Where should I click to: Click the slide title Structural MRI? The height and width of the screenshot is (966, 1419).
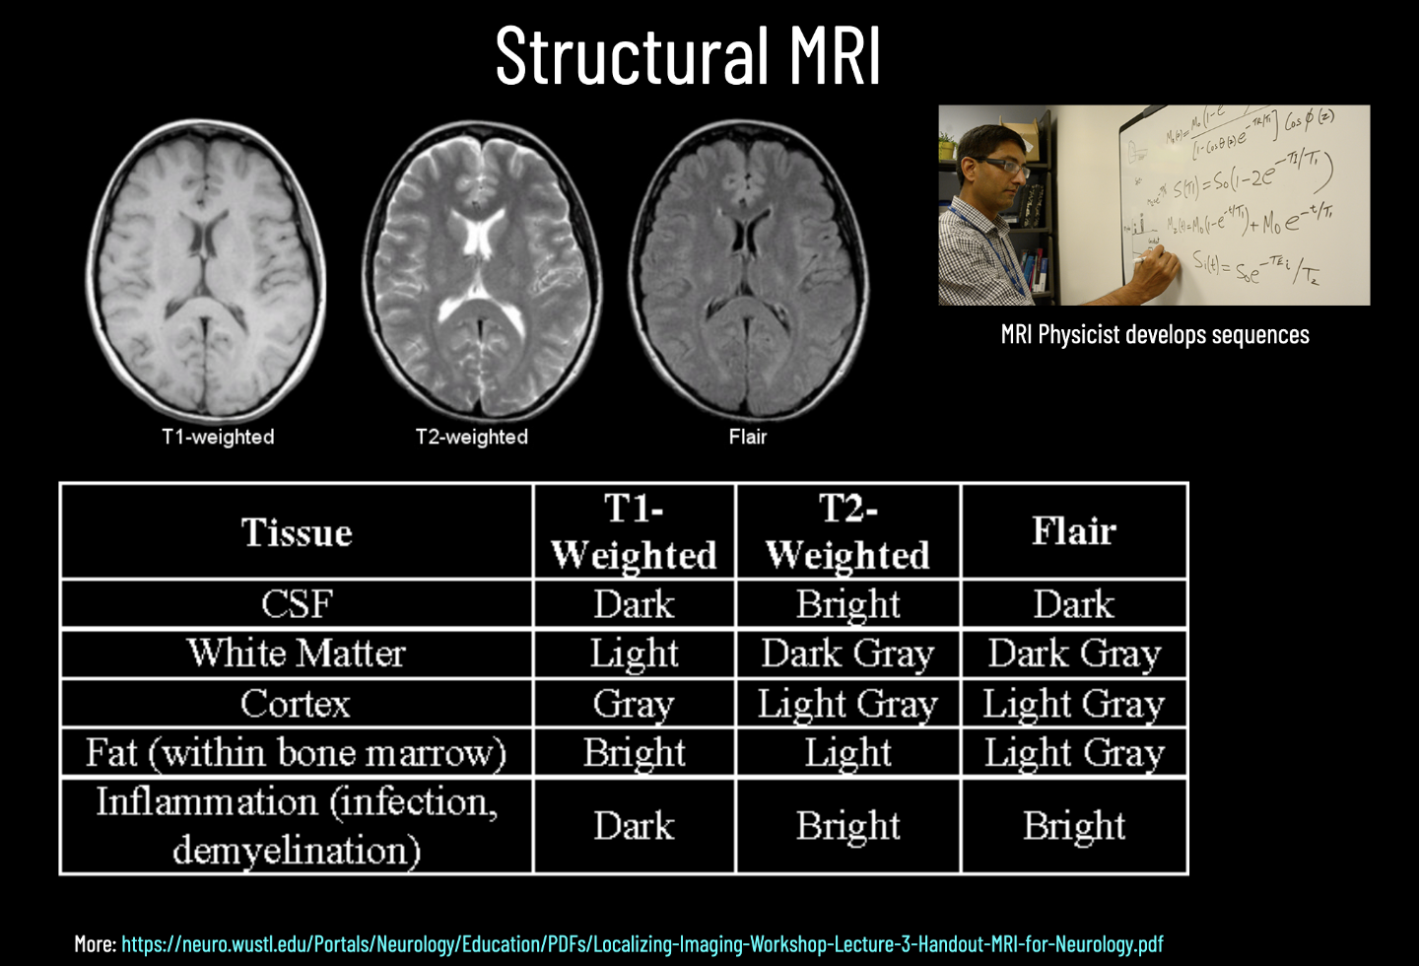tap(688, 56)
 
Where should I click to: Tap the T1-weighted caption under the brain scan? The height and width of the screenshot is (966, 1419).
tap(218, 437)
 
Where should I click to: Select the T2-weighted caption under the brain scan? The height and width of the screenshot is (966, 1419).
tap(472, 437)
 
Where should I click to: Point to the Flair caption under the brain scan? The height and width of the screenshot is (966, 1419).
tap(748, 437)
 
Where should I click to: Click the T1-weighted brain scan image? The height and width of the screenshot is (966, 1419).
tap(207, 268)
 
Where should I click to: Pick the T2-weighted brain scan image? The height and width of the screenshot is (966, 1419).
tap(481, 268)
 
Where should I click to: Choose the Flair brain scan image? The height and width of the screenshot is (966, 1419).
tap(749, 268)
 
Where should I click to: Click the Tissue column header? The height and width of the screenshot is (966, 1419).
tap(297, 532)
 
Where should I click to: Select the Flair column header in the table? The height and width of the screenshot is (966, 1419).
tap(1074, 531)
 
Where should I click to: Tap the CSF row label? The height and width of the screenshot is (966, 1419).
tap(297, 604)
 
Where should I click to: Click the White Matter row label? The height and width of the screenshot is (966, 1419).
tap(297, 654)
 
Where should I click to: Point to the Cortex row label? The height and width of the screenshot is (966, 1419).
tap(296, 704)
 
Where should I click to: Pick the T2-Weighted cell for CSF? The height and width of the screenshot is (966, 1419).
tap(847, 604)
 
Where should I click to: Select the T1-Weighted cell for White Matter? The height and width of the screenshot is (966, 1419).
tap(634, 654)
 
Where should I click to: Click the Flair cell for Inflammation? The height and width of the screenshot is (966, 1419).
tap(1074, 826)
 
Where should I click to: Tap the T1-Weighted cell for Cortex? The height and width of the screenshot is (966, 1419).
tap(634, 704)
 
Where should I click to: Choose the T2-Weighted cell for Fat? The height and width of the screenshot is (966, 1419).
tap(847, 753)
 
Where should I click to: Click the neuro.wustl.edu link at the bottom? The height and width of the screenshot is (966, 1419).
tap(642, 944)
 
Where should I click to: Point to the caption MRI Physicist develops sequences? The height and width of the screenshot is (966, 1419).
tap(1155, 335)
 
